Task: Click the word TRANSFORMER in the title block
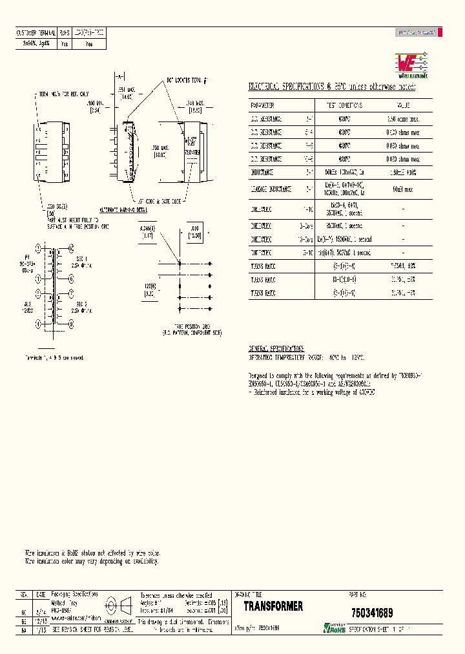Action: click(x=273, y=606)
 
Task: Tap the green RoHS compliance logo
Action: click(x=335, y=628)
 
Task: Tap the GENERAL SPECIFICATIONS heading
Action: click(x=276, y=348)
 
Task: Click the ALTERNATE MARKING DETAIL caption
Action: click(x=123, y=210)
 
